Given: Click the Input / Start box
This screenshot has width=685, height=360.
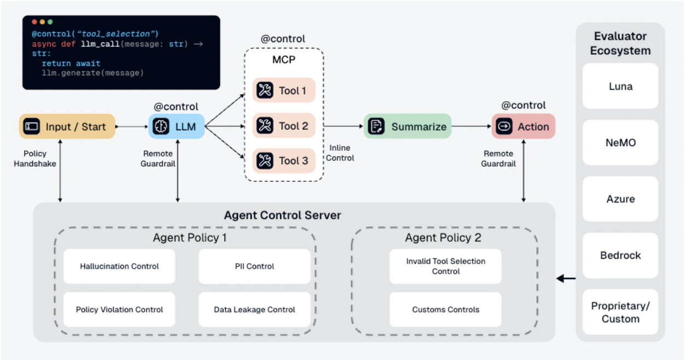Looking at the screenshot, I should click(67, 126).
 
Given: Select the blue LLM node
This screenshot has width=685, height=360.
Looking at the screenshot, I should click(176, 126).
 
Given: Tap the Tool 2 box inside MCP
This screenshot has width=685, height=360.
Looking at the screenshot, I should click(284, 126).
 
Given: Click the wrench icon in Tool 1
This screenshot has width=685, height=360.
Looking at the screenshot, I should click(265, 90).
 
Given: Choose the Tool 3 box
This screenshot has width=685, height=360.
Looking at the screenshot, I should click(284, 161).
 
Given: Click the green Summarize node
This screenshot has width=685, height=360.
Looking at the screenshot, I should click(407, 126).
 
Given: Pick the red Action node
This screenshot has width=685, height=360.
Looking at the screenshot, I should click(523, 126).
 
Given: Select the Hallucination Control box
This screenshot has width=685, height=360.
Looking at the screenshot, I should click(119, 266).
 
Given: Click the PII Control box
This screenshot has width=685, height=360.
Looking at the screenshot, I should click(254, 266).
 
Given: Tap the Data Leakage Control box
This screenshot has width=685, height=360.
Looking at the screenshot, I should click(254, 310).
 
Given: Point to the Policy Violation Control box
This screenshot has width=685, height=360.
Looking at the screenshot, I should click(119, 310).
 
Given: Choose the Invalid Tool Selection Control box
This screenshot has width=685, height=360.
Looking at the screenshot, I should click(445, 266).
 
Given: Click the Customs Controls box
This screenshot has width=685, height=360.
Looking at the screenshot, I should click(445, 310).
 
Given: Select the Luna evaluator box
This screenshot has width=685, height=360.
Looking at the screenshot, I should click(620, 86).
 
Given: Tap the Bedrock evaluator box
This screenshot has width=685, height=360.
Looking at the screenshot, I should click(620, 256).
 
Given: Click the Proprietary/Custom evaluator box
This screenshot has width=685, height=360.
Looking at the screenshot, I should click(620, 312).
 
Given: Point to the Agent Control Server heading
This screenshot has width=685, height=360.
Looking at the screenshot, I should click(282, 215).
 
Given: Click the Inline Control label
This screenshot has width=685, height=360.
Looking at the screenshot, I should click(341, 153).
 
